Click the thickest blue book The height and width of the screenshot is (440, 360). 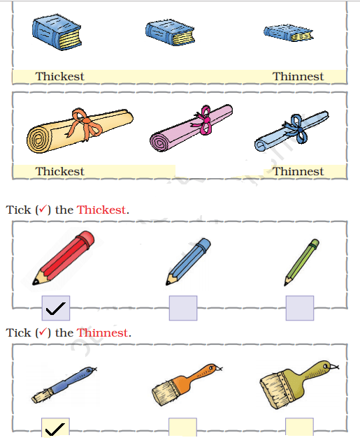point(57,32)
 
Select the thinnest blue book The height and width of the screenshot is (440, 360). point(288,33)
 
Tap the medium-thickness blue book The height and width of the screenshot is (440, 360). point(170,32)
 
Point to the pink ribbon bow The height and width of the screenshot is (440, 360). point(204,119)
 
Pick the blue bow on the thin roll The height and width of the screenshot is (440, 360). point(297,129)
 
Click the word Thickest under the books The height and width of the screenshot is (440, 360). point(59,76)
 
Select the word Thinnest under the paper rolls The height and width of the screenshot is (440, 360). point(298,171)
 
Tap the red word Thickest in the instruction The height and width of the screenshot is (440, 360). point(101,210)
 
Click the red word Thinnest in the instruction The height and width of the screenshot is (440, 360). point(103,332)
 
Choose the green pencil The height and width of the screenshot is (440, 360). point(301,263)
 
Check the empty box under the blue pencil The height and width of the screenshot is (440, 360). point(183,308)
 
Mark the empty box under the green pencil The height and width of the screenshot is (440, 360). point(300,308)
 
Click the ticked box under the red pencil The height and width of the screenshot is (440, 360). point(56,308)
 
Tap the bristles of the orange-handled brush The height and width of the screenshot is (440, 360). point(165,393)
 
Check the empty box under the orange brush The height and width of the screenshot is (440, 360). point(183,427)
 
